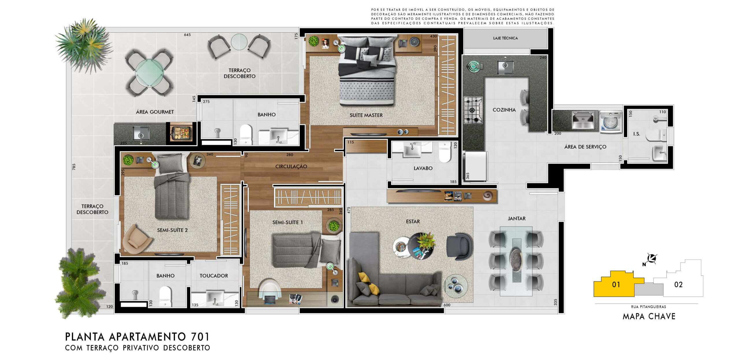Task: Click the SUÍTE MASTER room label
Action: point(366,115)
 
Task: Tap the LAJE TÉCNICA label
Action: point(505,38)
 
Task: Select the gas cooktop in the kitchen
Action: point(473,110)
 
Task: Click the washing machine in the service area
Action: point(610,122)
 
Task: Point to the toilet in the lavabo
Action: point(445,152)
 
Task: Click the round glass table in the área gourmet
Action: point(149,73)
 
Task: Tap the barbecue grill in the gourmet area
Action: point(181,133)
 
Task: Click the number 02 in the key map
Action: point(678,285)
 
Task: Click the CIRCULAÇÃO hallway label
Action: point(291,166)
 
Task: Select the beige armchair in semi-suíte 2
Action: point(136,239)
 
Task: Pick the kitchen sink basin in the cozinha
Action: point(505,67)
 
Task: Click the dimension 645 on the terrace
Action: point(187,35)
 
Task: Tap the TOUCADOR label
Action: point(214,276)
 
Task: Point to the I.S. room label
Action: point(637,134)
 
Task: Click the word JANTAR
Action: point(517,218)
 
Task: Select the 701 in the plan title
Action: point(200,337)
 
